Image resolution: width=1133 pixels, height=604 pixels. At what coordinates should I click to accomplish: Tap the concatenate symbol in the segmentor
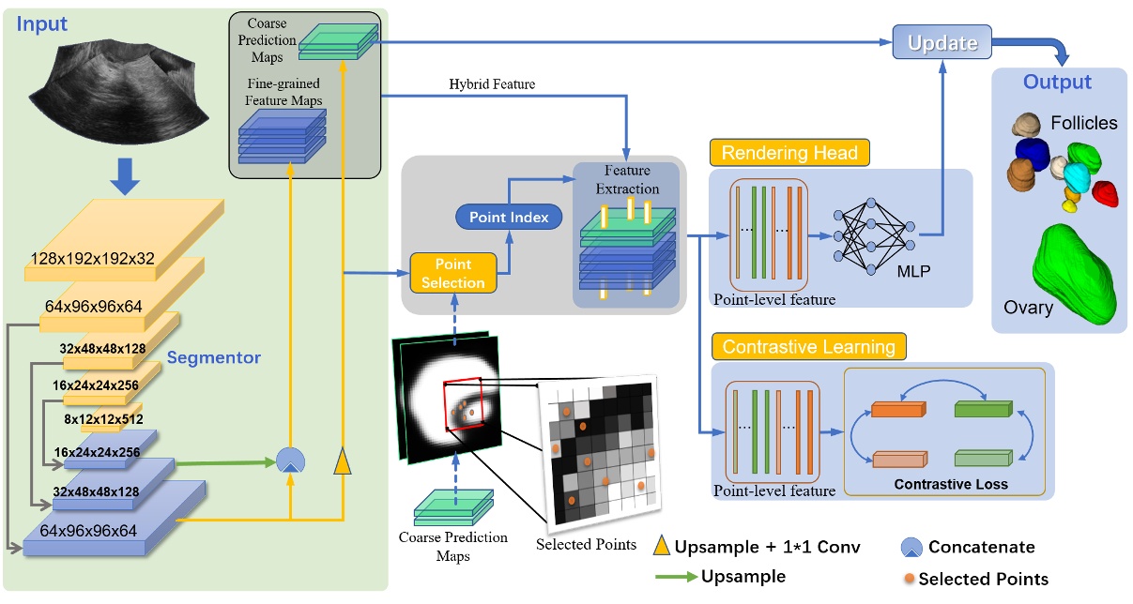[x=290, y=460]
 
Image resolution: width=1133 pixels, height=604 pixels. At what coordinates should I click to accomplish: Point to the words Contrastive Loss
[x=951, y=484]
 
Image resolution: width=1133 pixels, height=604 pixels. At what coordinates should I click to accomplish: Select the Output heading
[x=1058, y=83]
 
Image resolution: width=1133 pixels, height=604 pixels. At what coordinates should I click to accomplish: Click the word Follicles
[x=1084, y=123]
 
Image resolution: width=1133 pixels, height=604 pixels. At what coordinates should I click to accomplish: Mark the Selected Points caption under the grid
[x=586, y=545]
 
